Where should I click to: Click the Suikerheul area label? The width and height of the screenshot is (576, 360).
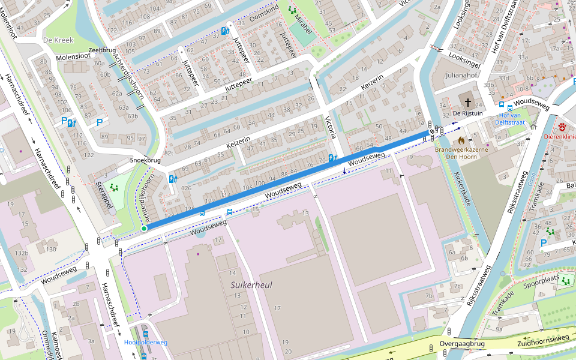(251, 285)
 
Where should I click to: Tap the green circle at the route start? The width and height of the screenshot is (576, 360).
(144, 229)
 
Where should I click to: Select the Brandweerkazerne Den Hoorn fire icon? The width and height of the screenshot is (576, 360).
(461, 141)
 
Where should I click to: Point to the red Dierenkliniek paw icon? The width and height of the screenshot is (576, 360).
(562, 127)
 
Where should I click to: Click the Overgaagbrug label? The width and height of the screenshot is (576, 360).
(461, 344)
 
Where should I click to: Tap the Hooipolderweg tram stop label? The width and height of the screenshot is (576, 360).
(146, 342)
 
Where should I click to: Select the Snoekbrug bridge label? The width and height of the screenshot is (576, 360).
(146, 161)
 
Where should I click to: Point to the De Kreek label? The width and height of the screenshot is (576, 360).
(58, 40)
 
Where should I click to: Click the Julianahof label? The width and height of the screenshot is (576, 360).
(461, 76)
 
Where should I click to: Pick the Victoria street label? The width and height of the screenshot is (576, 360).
(330, 127)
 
